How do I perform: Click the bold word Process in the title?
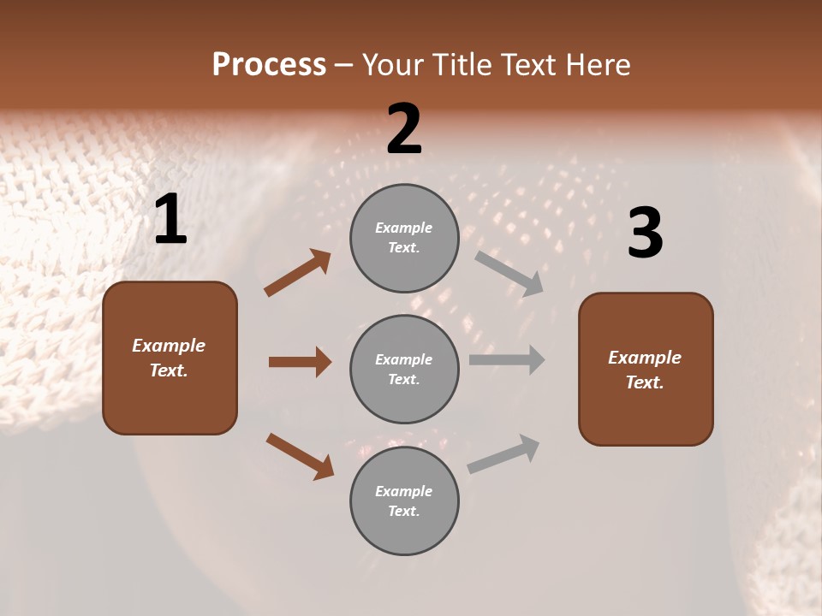pos(269,65)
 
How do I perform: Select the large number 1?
pos(170,220)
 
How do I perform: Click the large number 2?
pos(404,129)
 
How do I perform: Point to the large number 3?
pos(645,234)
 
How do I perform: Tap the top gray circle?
pos(404,238)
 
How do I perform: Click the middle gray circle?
pos(404,369)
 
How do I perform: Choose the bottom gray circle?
pos(404,500)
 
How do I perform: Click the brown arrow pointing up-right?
pos(298,273)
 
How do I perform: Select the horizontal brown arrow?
pos(300,362)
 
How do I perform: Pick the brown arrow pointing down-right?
pos(300,456)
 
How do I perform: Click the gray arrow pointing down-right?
pos(509,273)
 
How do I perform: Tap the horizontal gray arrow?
pos(507,359)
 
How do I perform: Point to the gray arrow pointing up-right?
pos(503,454)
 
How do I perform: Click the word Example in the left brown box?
pos(169,346)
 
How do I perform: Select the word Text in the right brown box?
pos(644,382)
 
